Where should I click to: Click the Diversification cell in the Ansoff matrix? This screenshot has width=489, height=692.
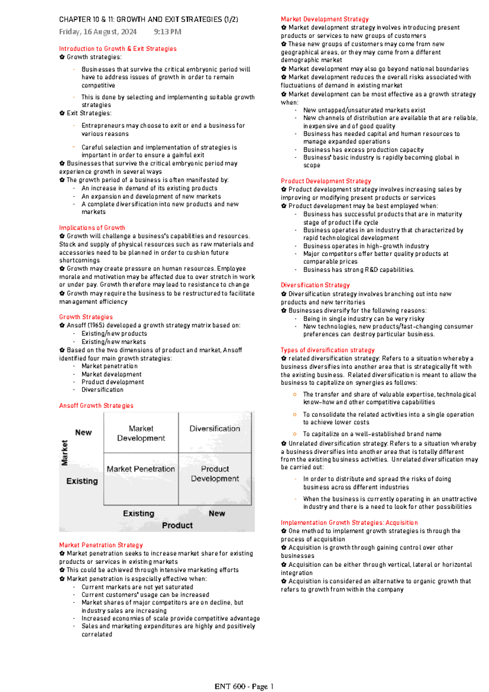click(x=215, y=429)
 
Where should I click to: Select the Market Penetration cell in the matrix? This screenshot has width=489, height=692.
click(x=141, y=469)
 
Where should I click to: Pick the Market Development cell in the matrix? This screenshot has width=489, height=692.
click(x=141, y=433)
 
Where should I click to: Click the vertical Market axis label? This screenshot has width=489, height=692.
click(x=64, y=453)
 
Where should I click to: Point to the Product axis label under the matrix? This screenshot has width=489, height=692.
click(x=177, y=525)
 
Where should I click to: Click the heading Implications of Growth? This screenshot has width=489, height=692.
click(x=92, y=228)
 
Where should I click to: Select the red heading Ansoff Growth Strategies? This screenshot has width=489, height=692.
click(x=96, y=406)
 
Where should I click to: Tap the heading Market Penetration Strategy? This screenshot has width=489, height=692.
click(x=101, y=545)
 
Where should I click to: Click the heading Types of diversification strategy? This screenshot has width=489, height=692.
click(x=327, y=350)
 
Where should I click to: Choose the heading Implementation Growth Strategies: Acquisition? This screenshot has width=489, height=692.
click(x=349, y=523)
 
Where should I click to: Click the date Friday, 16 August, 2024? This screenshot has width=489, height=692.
click(x=98, y=32)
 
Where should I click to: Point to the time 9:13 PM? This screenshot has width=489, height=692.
click(x=167, y=32)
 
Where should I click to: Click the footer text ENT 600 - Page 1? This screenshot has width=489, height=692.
click(x=244, y=687)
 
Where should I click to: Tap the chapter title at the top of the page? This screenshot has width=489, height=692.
click(x=148, y=19)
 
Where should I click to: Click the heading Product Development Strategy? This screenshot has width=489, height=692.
click(x=326, y=181)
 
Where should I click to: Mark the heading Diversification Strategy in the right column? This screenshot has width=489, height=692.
click(x=315, y=285)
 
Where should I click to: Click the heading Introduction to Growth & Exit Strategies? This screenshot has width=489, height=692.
click(x=118, y=48)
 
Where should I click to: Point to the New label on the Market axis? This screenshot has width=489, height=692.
click(x=83, y=433)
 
